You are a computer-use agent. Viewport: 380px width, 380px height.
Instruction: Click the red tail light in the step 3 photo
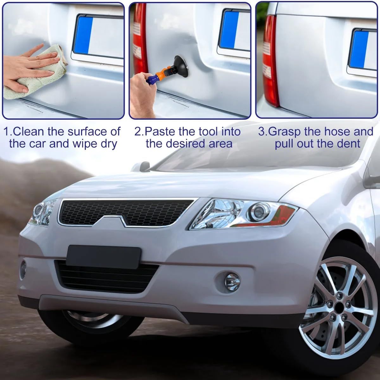270,61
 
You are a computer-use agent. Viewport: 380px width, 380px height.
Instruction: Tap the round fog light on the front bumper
232,282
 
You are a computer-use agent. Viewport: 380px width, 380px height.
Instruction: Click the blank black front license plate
104,257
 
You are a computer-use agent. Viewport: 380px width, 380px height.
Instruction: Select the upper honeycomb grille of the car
126,212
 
